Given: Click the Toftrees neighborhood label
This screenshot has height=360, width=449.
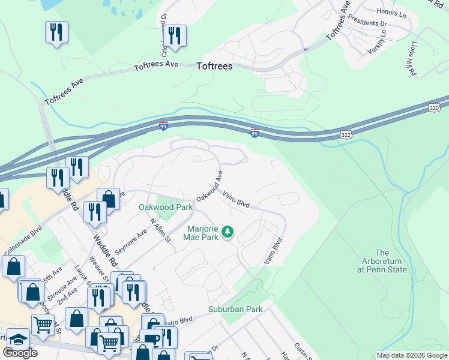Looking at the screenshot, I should (214, 67).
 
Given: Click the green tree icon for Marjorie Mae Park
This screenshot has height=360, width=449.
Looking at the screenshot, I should (228, 231).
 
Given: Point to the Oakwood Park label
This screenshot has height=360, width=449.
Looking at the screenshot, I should (166, 207).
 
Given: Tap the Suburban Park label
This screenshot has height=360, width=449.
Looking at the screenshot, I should (235, 310).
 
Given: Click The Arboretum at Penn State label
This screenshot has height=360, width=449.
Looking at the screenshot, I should (382, 261).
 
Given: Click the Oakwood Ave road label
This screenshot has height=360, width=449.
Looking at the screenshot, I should (209, 186).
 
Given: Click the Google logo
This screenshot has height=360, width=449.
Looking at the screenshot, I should (20, 353).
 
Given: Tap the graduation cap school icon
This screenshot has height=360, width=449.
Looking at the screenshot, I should (18, 338).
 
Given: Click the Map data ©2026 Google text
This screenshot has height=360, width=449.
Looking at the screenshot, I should (412, 355).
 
